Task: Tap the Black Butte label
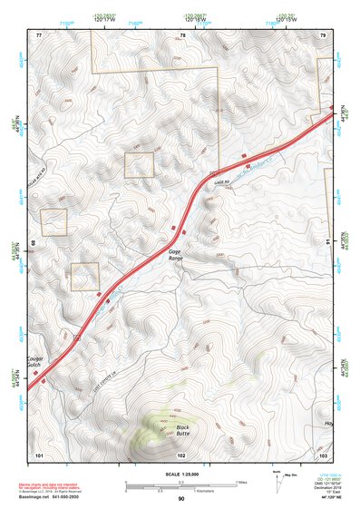pos(182,431)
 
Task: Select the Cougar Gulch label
pos(36,357)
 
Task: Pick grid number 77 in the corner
pos(39,34)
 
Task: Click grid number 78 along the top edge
pos(182,34)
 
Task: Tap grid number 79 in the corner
pos(323,34)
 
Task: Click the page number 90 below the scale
pos(181,498)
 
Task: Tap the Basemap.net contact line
pos(55,496)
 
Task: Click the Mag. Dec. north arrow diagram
pos(279,478)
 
